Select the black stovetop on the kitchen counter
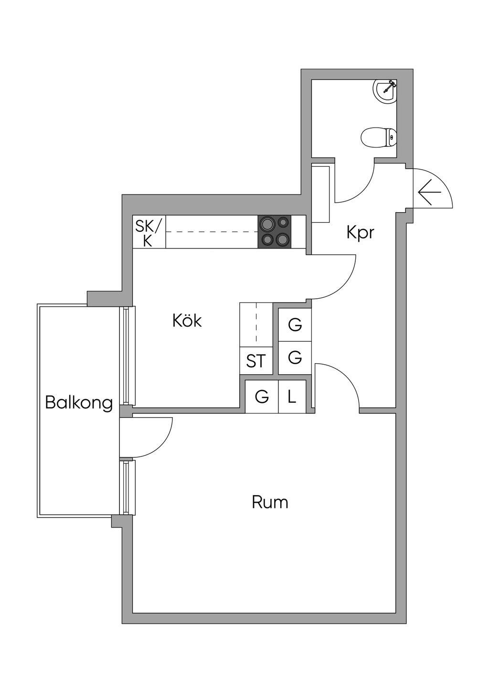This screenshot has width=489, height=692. click(x=274, y=232)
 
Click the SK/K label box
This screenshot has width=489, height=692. click(x=149, y=232)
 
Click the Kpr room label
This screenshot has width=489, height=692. click(x=360, y=233)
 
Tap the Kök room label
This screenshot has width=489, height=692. click(x=187, y=321)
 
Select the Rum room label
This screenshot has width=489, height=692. click(x=270, y=502)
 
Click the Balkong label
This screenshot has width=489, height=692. click(x=79, y=403)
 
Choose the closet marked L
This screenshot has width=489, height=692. click(x=292, y=396)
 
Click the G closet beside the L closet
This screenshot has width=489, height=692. click(x=262, y=396)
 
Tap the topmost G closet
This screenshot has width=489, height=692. click(x=295, y=325)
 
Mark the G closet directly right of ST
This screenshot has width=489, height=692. click(x=295, y=357)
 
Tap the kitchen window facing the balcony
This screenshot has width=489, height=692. click(x=127, y=356)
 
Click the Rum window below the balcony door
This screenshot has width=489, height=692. click(x=127, y=487)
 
